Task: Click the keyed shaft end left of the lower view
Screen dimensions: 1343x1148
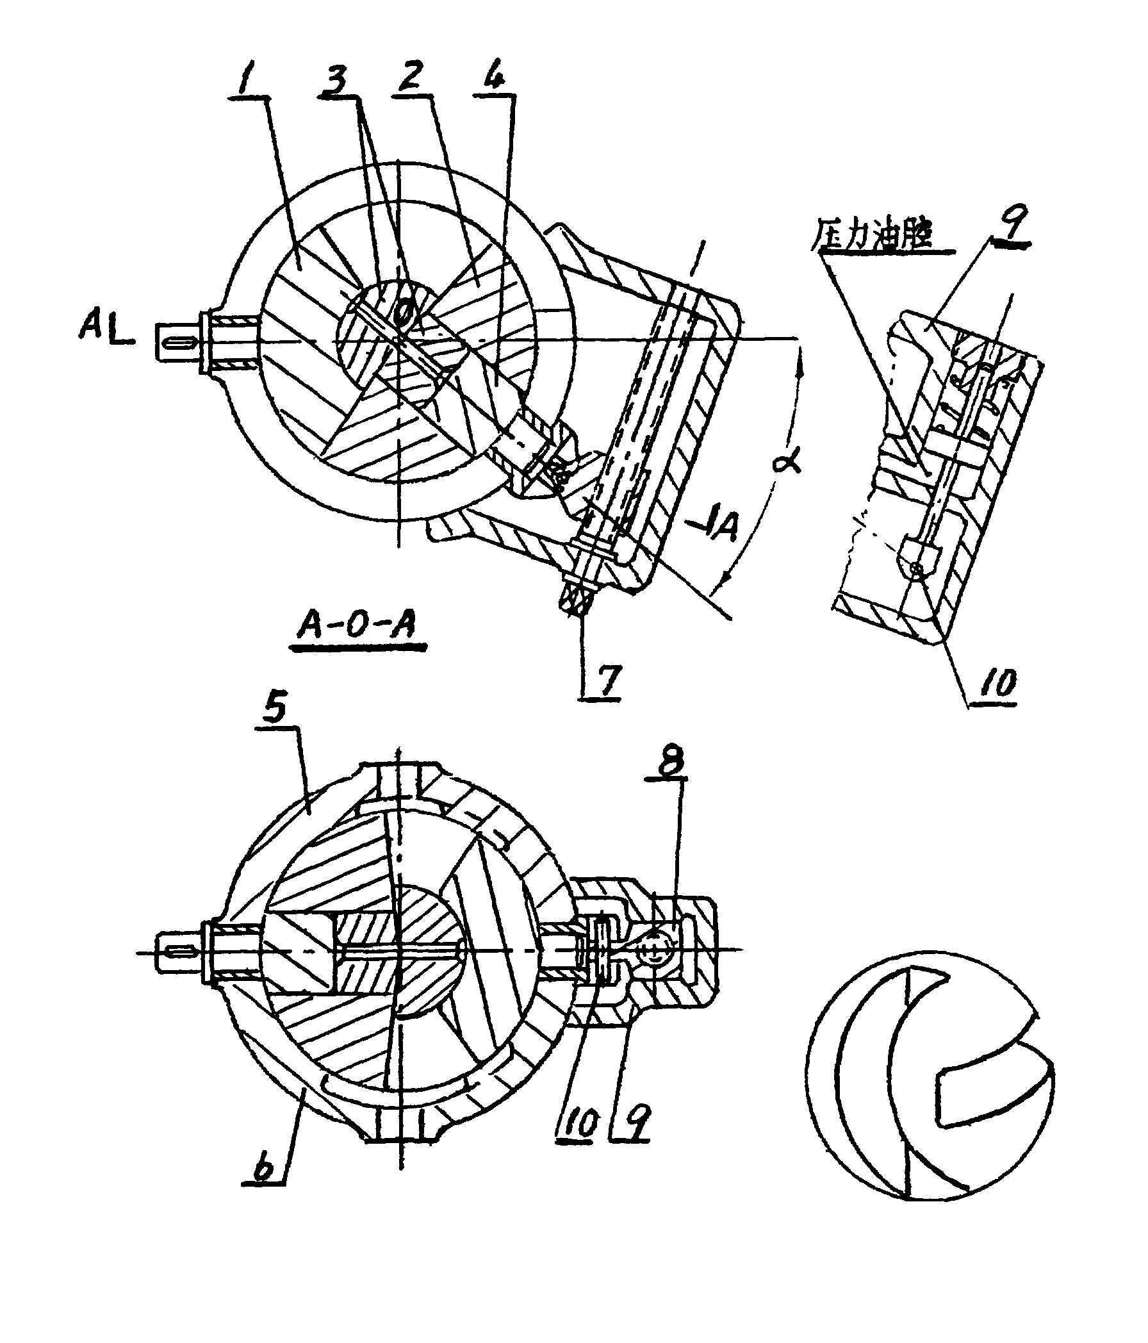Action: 176,952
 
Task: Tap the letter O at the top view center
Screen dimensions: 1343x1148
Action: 403,314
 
